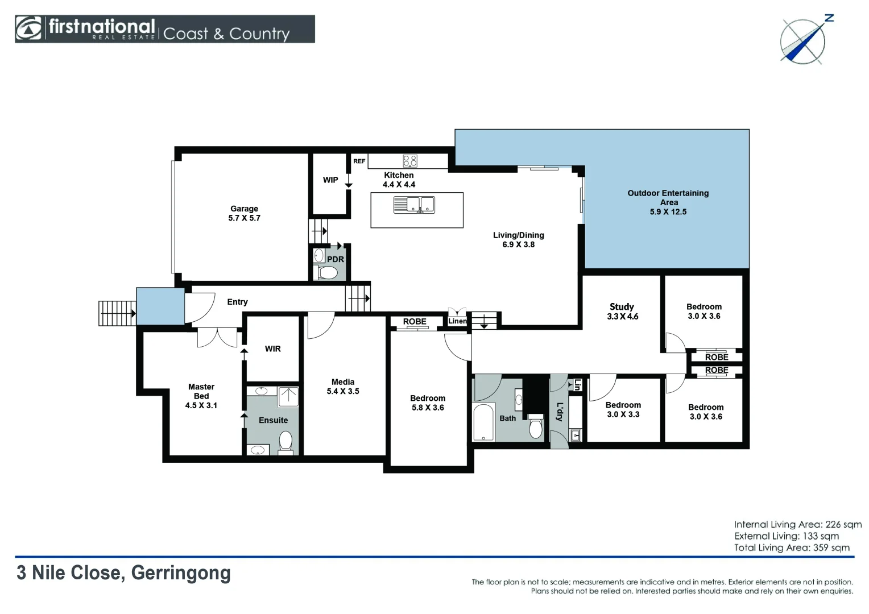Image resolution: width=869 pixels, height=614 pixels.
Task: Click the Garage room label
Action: coord(244,209)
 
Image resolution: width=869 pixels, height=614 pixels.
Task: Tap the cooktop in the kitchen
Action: coord(409,160)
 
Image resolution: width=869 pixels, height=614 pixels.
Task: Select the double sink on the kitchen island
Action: coord(414,205)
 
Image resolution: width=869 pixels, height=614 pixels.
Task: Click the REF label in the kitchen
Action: coord(359,161)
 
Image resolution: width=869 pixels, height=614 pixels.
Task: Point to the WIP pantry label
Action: coord(330,180)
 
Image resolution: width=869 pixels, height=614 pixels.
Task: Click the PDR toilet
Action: coord(328,273)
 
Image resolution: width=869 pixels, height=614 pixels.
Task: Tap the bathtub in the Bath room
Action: coord(483,422)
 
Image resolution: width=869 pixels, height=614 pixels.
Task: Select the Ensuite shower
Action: coord(288,396)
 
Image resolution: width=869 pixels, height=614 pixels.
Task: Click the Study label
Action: coord(622,307)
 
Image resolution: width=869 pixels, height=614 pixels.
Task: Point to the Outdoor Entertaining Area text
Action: coord(668,198)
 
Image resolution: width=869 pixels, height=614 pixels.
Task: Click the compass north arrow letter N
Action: coord(829,18)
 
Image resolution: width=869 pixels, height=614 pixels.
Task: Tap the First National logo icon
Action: coord(28,28)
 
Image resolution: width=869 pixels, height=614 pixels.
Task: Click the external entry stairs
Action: coord(117,313)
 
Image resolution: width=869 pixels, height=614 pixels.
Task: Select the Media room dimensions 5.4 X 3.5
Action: coord(343,391)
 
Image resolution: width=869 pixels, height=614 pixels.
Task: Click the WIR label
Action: coord(273,349)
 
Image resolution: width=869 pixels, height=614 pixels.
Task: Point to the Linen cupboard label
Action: coord(457,321)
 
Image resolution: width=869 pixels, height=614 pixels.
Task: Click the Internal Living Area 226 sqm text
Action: coord(797,524)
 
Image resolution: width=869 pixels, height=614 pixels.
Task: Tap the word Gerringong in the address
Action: coord(181,573)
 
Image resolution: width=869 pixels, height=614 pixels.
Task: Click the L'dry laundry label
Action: coord(560,412)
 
